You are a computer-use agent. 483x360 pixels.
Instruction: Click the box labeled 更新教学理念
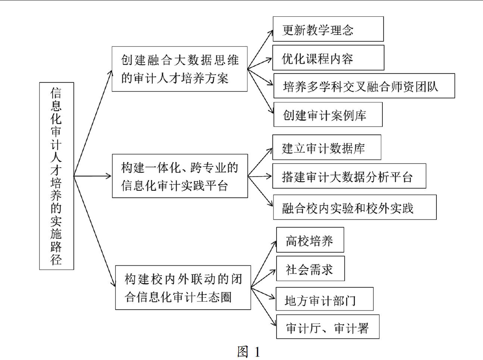pos(328,29)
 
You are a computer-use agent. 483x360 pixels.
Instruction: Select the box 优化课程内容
pos(328,58)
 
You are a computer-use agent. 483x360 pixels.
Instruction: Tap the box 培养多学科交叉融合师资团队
pos(364,86)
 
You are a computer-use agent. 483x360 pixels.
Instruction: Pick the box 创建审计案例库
pos(328,114)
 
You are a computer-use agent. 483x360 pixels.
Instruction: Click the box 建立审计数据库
pos(327,147)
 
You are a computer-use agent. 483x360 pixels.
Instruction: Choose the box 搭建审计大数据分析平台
pos(349,176)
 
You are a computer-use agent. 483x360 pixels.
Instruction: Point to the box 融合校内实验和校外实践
pos(355,207)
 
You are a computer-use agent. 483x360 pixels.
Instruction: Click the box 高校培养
pos(310,240)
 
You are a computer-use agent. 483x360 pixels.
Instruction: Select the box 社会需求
pos(310,268)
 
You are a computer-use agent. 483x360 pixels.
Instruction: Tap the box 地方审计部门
pos(325,299)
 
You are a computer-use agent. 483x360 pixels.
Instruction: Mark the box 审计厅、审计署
pos(328,326)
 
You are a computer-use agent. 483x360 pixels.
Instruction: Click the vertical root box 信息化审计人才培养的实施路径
pos(57,176)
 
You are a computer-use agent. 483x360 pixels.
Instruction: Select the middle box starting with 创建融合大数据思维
pos(180,69)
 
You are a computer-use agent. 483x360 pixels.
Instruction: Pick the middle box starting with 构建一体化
pos(180,176)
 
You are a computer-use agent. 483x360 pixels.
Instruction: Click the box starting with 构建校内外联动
pos(183,288)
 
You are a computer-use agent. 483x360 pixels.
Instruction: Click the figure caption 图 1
pos(249,351)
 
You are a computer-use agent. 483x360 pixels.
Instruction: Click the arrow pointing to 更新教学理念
pos(260,50)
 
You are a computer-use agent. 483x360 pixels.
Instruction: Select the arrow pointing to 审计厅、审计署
pos(263,307)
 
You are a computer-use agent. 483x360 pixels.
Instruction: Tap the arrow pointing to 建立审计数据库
pos(260,162)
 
